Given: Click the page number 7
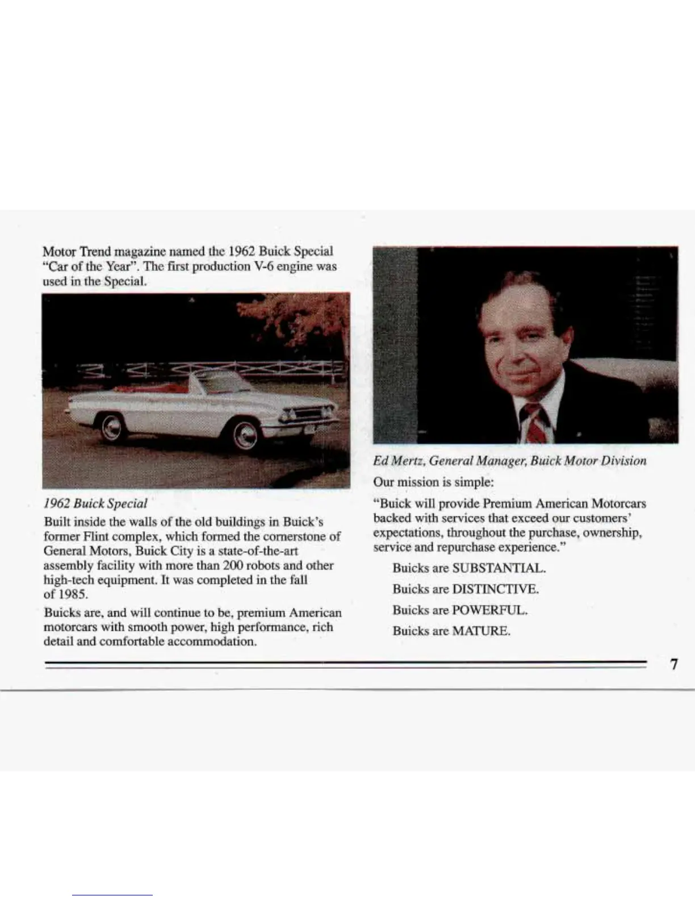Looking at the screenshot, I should (x=673, y=664).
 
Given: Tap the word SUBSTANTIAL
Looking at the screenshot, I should (x=499, y=568).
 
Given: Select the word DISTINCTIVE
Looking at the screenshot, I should (x=495, y=589).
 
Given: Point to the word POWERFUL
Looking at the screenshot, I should (x=490, y=610).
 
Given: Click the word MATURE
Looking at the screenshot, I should (x=481, y=631).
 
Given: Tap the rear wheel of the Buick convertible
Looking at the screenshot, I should (x=112, y=427).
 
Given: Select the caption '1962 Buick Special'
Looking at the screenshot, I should (x=95, y=503).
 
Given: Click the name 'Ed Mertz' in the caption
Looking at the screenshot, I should (x=397, y=461).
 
